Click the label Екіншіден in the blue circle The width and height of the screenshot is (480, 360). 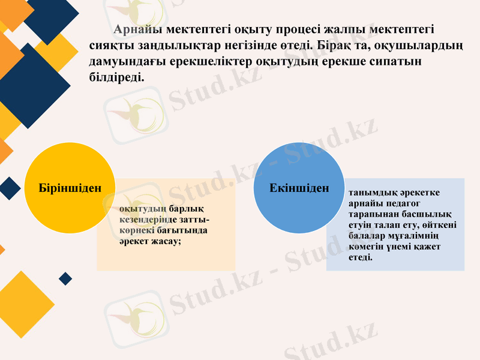(299, 188)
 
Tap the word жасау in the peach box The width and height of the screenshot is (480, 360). (166, 241)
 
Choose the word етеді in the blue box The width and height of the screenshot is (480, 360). (360, 257)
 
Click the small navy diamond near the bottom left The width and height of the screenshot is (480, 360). (65, 278)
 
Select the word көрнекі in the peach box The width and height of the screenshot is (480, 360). (134, 230)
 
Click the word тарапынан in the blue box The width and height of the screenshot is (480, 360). (369, 214)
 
